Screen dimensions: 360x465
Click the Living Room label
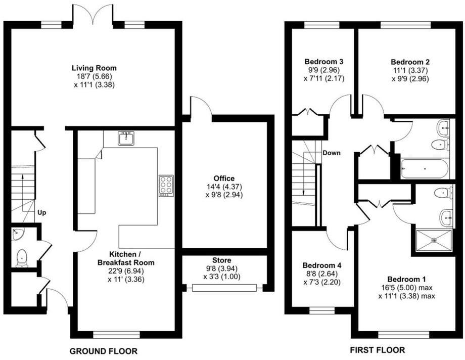point(94,68)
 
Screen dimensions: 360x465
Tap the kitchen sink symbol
point(126,138)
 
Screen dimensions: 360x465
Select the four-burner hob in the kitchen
point(165,186)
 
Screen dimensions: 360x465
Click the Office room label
point(224,178)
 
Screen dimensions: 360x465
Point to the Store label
point(222,260)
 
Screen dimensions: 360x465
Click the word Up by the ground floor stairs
point(41,213)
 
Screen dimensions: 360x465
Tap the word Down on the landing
point(332,153)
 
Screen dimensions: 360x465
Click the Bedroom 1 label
point(407,279)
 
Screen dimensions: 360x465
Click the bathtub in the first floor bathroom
point(424,168)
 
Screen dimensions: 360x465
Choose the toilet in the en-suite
point(443,193)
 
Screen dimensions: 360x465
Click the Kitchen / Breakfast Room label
point(126,259)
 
